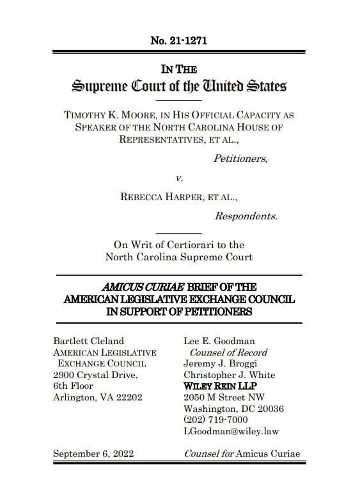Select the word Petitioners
[x=240, y=159]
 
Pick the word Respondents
[x=246, y=216]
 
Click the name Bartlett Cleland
[x=89, y=341]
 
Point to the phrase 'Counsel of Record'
[x=228, y=352]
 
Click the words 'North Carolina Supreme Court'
[x=178, y=257]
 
